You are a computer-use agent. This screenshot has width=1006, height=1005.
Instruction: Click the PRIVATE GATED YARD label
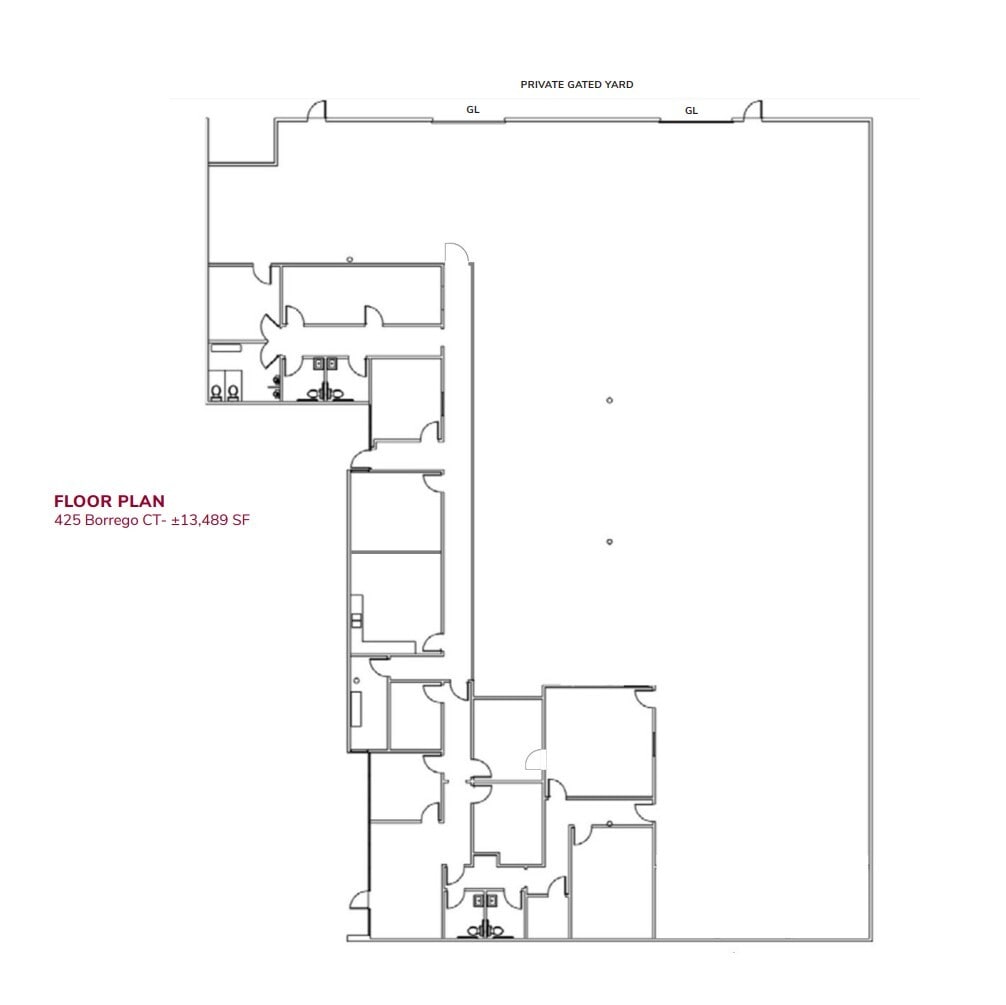point(576,85)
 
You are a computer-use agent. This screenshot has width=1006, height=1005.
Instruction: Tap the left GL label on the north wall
point(473,110)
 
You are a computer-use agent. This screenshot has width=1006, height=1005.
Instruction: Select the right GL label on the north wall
point(691,111)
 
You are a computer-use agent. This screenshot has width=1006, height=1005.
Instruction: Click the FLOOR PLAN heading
point(109,501)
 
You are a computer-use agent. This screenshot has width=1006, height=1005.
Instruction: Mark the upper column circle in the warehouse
point(609,401)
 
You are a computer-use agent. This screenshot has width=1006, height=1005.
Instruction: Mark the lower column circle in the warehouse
point(609,542)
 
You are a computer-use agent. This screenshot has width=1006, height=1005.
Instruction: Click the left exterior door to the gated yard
point(317,110)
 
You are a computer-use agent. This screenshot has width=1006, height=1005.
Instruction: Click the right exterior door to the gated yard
point(751,110)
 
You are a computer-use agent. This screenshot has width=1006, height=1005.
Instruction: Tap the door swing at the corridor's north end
point(455,254)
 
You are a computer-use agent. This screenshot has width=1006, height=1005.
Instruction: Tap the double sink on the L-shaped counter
point(356,620)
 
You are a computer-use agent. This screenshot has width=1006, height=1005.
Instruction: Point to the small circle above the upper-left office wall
point(349,259)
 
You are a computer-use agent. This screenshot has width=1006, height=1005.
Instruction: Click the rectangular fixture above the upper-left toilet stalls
point(226,347)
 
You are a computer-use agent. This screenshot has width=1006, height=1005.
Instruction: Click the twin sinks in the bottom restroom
point(484,901)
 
